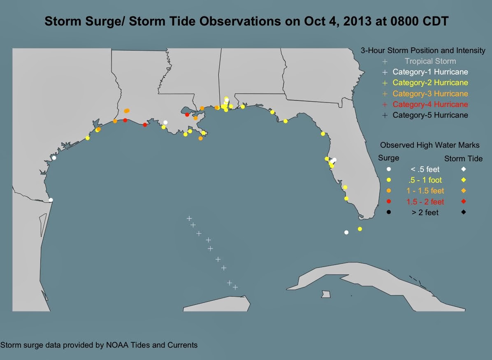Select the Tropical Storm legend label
point(430,61)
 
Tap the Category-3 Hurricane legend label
point(430,93)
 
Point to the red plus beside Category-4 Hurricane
point(385,105)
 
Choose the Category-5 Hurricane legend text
point(430,115)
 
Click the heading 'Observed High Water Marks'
point(429,145)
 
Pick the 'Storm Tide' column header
point(463,159)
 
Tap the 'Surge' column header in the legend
point(388,158)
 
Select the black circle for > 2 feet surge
point(389,212)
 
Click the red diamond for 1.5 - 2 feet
point(463,202)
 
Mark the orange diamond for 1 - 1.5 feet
point(463,190)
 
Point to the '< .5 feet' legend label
point(425,169)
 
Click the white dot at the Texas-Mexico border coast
point(51,200)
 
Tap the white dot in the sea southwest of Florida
point(346,232)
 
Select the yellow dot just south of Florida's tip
point(360,229)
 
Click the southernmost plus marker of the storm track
point(235,287)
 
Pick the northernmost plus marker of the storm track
point(189,218)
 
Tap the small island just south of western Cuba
point(326,294)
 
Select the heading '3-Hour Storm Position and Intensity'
point(423,51)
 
